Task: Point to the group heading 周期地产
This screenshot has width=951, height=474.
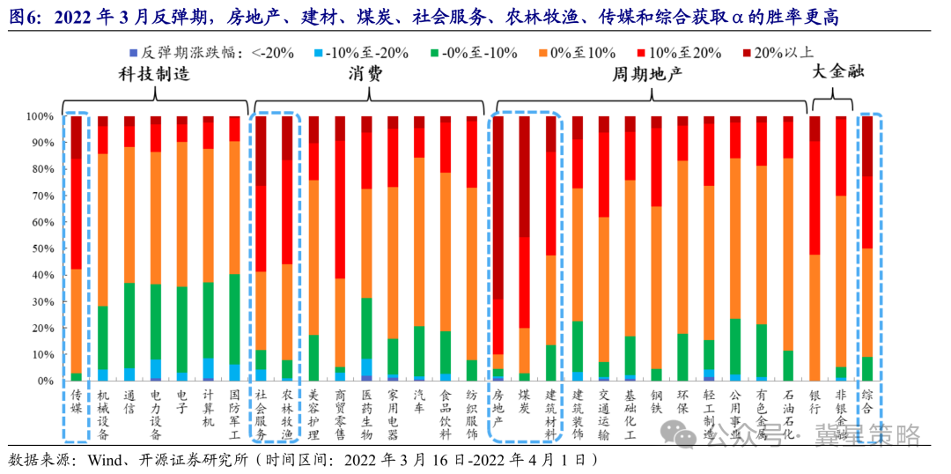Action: click(647, 76)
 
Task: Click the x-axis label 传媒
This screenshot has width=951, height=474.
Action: click(77, 402)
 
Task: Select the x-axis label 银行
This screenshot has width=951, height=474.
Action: click(815, 402)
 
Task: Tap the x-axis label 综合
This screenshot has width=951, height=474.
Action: click(867, 402)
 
